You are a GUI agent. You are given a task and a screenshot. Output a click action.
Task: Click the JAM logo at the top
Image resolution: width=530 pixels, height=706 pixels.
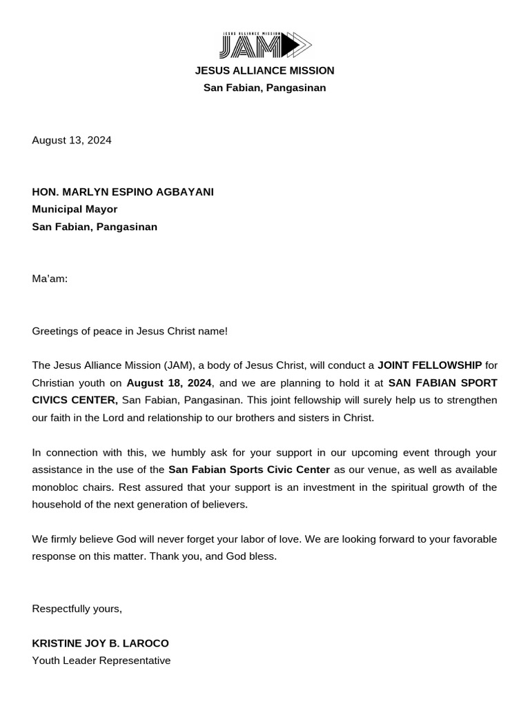265,45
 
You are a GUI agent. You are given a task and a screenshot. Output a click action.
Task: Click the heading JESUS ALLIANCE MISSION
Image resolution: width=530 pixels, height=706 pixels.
265,70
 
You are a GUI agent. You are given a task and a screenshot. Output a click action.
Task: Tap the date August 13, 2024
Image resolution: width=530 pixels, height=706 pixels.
72,140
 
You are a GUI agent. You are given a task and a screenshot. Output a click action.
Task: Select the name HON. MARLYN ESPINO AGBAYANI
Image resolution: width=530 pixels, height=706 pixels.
123,192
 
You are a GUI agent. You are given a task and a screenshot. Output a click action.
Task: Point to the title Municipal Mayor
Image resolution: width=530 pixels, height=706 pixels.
75,209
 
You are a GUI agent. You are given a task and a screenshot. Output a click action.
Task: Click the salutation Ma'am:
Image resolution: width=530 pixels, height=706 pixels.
50,279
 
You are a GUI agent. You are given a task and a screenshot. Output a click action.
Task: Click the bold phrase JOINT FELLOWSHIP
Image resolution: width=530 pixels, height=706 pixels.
429,365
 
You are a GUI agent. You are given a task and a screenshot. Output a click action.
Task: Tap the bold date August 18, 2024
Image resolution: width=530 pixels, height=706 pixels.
169,383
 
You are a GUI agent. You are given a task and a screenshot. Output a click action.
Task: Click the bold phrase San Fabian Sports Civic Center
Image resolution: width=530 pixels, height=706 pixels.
249,470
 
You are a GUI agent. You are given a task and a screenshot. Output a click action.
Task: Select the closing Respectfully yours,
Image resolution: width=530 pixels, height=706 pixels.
77,609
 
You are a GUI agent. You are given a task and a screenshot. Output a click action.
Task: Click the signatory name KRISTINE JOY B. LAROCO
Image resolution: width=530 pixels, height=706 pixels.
100,643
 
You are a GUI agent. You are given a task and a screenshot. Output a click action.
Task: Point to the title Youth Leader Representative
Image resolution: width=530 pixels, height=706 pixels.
101,660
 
